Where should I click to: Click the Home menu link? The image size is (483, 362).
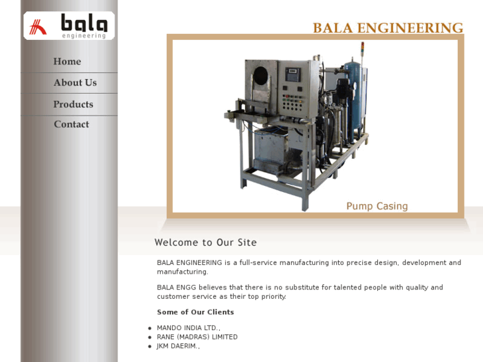point(67,62)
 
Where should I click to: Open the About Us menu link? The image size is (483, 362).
point(75,83)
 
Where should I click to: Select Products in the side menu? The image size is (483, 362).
point(73,104)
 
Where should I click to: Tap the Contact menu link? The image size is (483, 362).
point(71,124)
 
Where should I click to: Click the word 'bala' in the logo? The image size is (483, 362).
point(84,23)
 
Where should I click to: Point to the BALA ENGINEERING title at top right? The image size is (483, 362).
point(387,28)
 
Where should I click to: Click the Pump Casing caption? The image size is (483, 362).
point(377,206)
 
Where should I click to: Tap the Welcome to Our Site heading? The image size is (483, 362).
point(205,242)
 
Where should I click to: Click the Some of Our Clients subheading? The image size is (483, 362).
point(195,312)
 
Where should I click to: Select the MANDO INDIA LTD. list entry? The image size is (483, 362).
point(188,328)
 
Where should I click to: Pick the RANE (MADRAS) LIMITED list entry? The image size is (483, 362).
point(197,337)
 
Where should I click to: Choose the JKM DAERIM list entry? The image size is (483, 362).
point(178,346)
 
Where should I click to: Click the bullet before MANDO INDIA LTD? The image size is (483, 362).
point(149,328)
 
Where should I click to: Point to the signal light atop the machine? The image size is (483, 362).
point(362,48)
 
